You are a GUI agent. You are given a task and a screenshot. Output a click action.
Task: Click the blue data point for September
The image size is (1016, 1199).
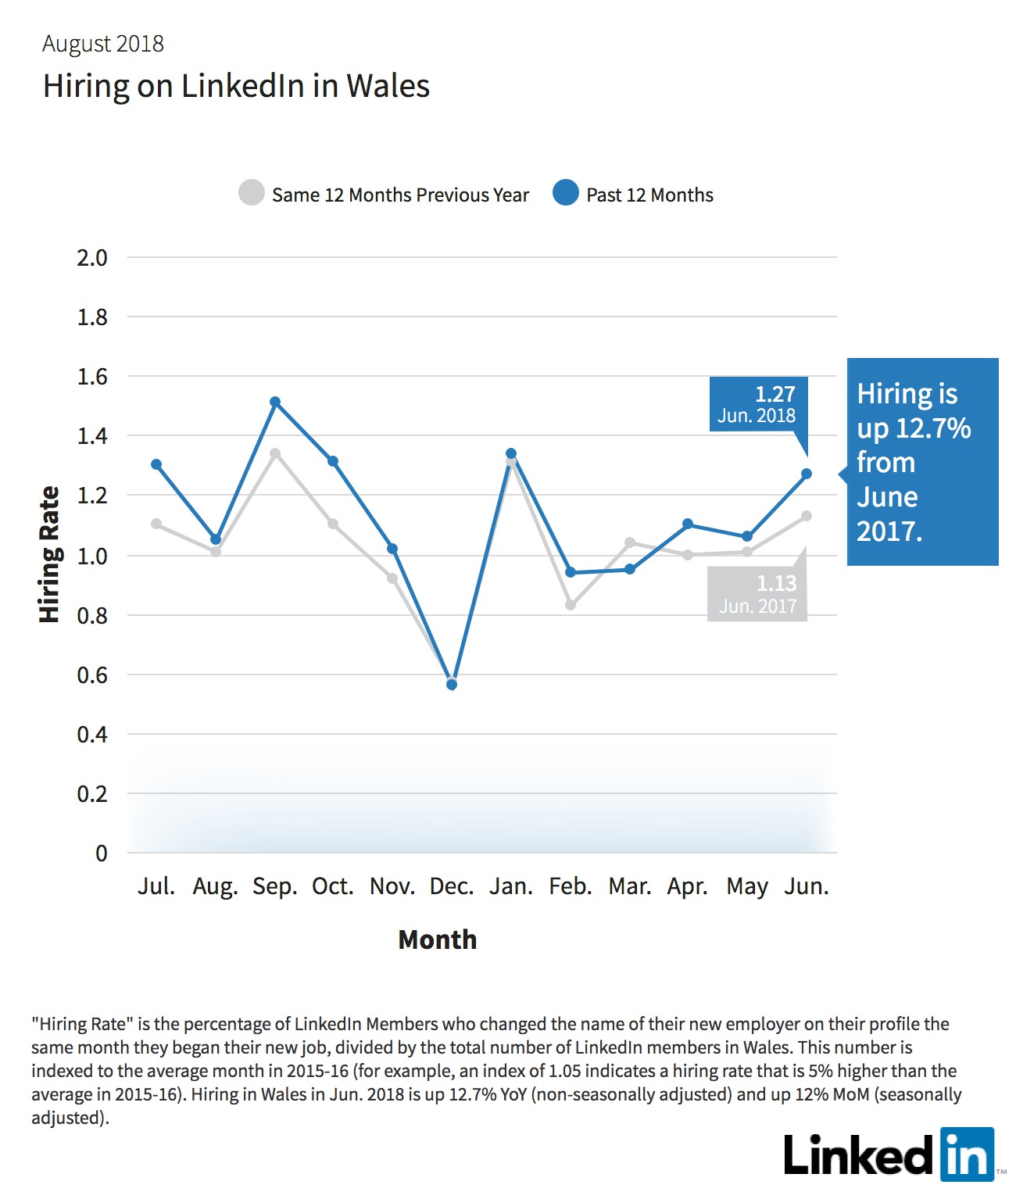tap(275, 402)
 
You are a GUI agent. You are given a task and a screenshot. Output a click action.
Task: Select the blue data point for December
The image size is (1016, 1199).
tap(452, 685)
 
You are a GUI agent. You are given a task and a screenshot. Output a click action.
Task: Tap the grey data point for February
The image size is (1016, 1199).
tap(570, 605)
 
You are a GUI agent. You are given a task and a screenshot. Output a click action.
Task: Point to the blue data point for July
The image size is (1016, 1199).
tap(156, 464)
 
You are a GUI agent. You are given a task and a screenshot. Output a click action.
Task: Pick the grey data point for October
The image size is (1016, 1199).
tap(333, 524)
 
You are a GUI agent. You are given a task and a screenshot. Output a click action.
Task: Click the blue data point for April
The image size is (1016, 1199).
tap(688, 524)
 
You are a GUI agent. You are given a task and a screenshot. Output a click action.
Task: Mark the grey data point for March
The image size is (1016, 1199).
tap(631, 543)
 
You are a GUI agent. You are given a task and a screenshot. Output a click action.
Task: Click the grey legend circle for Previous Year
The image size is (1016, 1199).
tap(252, 192)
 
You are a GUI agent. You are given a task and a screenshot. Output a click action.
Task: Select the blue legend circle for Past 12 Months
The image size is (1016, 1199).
tap(565, 192)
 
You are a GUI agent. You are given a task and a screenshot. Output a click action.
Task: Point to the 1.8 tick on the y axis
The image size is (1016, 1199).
tap(92, 317)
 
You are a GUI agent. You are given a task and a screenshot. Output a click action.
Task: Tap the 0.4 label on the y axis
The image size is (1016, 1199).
tap(92, 735)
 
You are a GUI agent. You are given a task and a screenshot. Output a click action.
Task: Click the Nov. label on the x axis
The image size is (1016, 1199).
tap(392, 886)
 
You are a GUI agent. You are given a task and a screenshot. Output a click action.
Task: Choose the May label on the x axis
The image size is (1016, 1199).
tap(747, 887)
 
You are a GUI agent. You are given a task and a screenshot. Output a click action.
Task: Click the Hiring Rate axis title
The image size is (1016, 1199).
tap(49, 554)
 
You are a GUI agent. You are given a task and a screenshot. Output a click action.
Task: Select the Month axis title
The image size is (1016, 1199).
tap(437, 940)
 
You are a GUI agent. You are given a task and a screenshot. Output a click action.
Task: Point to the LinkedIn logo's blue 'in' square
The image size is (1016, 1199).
tap(968, 1154)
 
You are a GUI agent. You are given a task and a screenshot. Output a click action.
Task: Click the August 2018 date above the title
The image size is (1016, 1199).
tap(103, 44)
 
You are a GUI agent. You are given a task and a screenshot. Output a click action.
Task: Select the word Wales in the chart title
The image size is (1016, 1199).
tap(388, 86)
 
